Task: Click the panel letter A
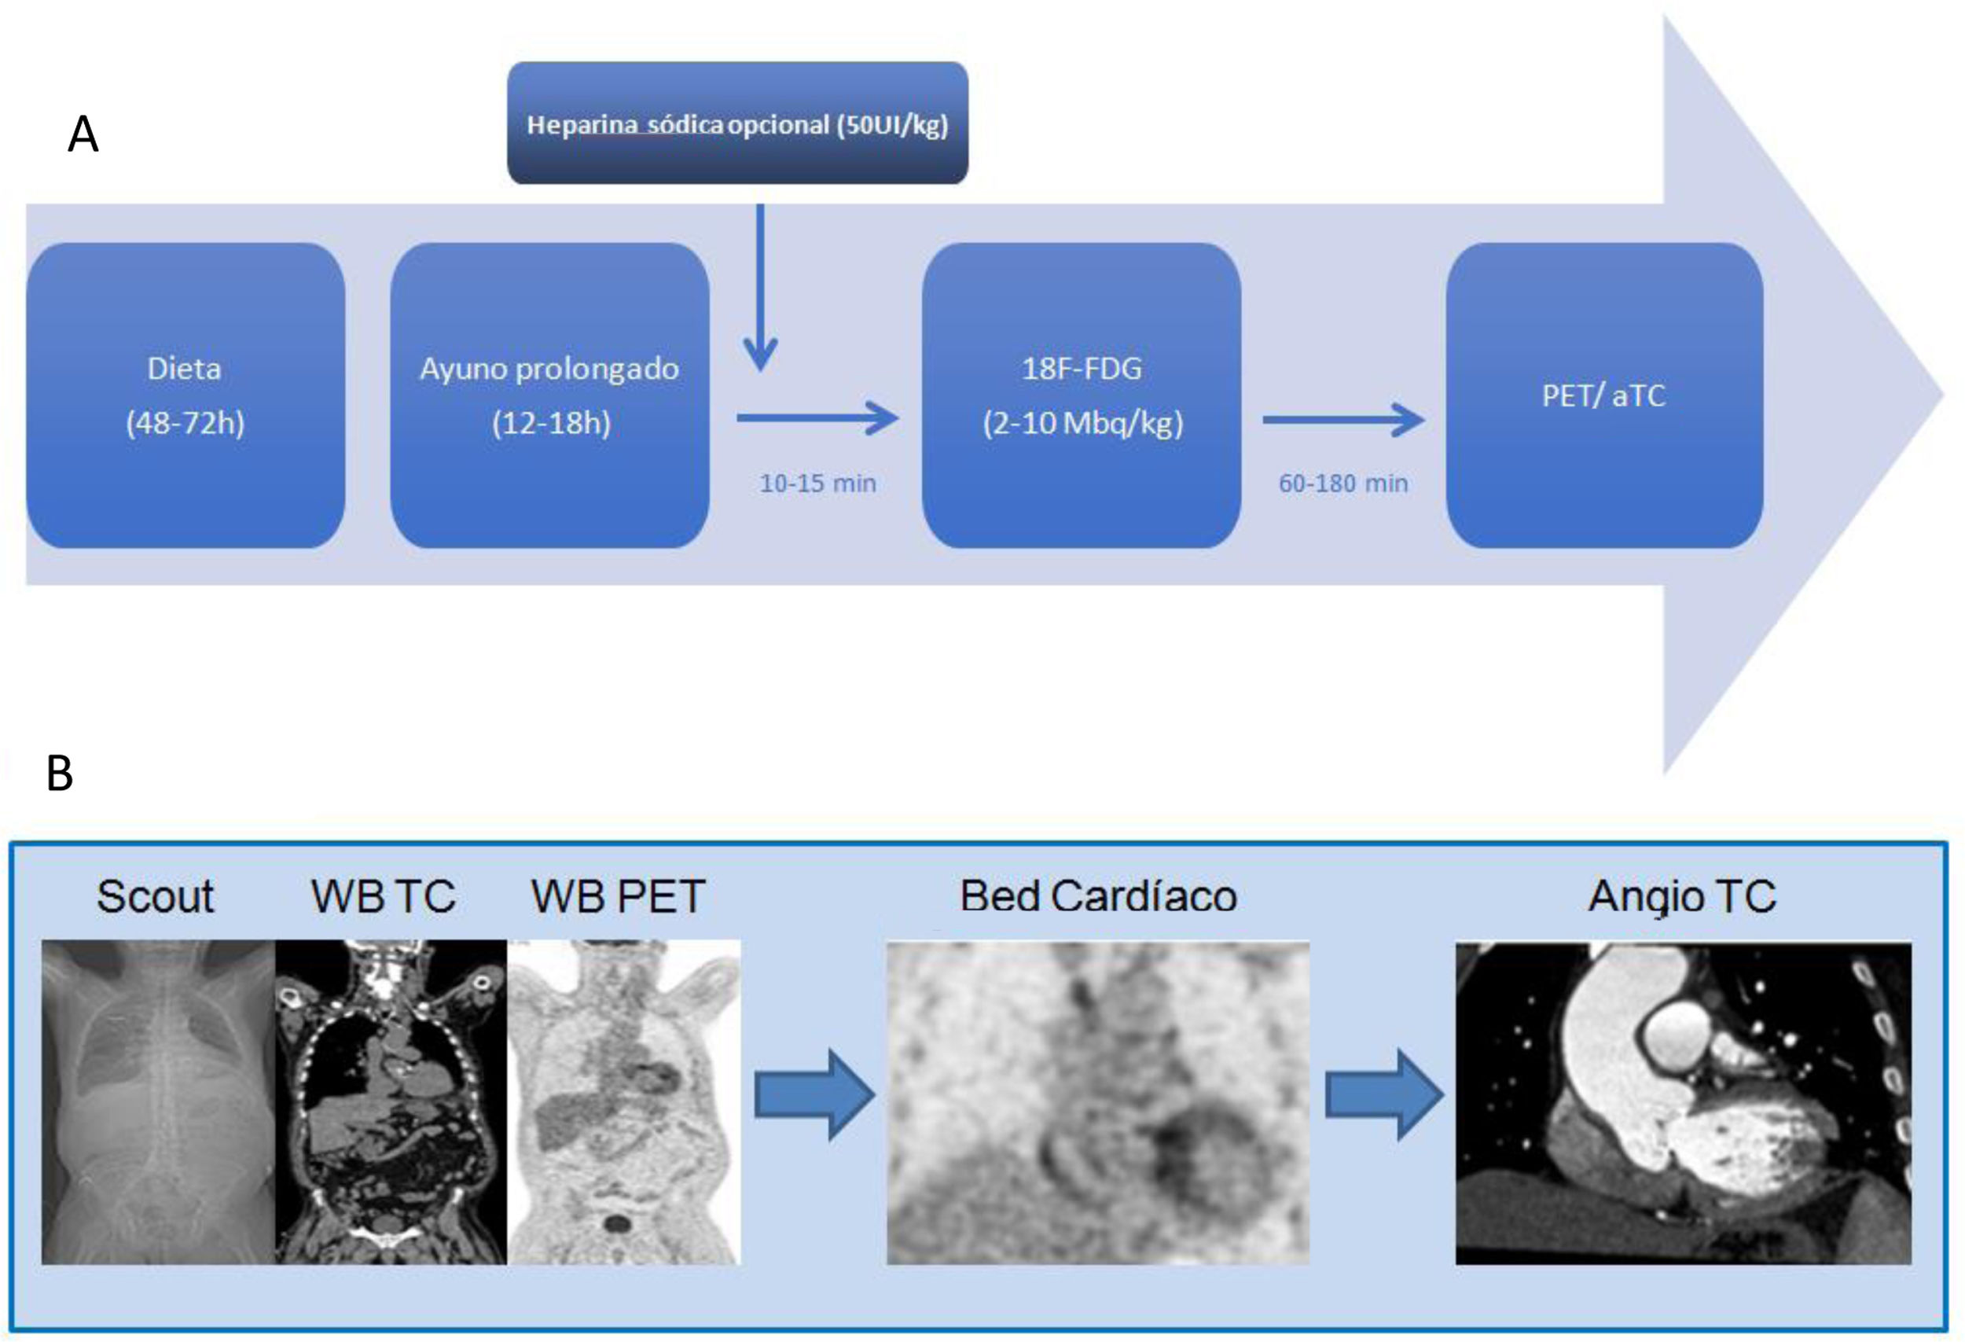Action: (83, 134)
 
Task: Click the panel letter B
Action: (60, 773)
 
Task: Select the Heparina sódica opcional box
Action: (737, 123)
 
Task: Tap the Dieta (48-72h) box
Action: (185, 395)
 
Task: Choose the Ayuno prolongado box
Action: (549, 395)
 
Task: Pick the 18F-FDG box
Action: (1082, 395)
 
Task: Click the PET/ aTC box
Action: (1604, 395)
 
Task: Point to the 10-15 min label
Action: (817, 483)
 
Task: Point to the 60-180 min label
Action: (1342, 483)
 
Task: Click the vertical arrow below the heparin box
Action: (760, 288)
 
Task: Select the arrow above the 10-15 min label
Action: (817, 417)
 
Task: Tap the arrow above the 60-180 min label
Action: (1342, 420)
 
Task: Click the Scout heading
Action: (155, 896)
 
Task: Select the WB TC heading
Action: (383, 896)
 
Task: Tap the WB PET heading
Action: (617, 896)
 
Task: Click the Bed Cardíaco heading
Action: (1098, 896)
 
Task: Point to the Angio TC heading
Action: (1682, 896)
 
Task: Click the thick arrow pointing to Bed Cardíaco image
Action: (814, 1095)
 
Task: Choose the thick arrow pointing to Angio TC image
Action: (1383, 1095)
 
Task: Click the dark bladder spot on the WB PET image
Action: (617, 1223)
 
